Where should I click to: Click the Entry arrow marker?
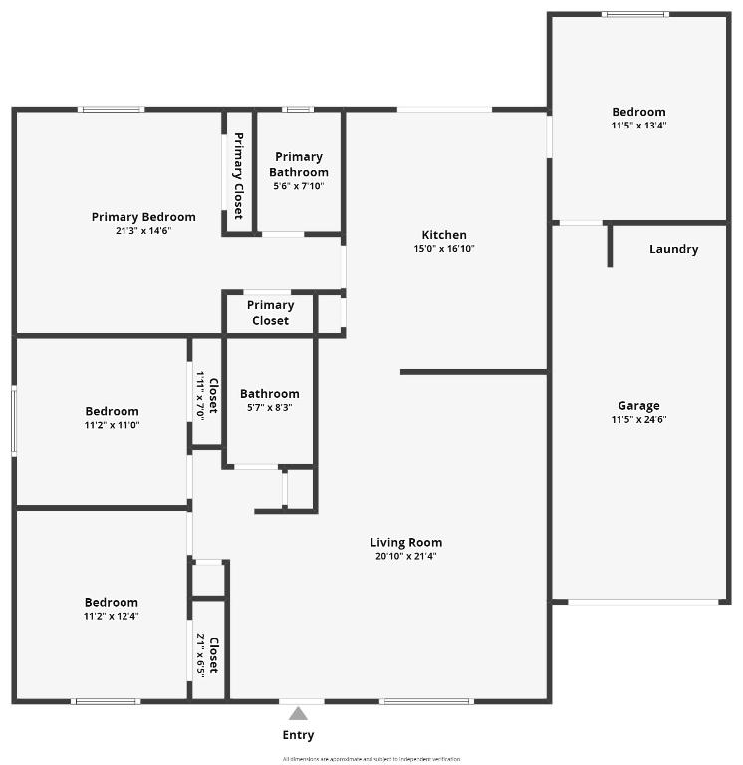click(x=298, y=713)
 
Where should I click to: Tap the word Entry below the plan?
click(x=298, y=735)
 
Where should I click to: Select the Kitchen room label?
click(x=444, y=235)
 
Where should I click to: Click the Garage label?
click(x=638, y=405)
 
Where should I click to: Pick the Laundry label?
click(x=673, y=249)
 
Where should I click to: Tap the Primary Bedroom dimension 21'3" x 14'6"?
click(x=143, y=230)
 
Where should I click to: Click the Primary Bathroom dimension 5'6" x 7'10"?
click(x=299, y=186)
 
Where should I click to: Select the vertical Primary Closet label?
click(x=238, y=175)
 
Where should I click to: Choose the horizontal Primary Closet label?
click(x=270, y=313)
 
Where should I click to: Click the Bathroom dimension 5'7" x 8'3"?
click(x=269, y=407)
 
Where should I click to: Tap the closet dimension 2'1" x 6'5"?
click(x=200, y=654)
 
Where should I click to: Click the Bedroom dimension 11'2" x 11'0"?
click(x=112, y=425)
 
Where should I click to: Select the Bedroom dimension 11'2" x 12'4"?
click(x=112, y=616)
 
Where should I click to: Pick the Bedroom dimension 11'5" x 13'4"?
click(x=638, y=126)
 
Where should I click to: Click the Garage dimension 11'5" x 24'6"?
click(x=638, y=419)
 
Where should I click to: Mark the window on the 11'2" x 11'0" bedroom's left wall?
click(x=14, y=421)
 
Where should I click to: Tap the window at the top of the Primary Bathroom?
click(x=298, y=109)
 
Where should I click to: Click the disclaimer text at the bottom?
click(x=371, y=758)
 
